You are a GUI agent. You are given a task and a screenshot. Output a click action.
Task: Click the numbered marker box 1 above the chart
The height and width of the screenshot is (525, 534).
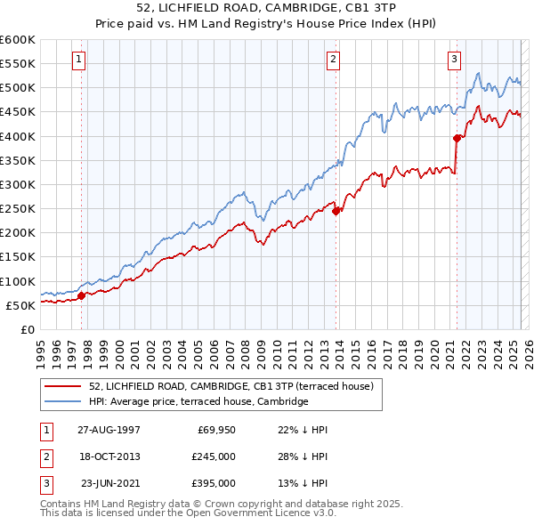(79, 60)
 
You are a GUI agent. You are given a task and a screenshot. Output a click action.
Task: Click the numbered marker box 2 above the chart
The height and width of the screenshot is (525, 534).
(333, 60)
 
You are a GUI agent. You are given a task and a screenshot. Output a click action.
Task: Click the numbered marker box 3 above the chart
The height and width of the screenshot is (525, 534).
(454, 60)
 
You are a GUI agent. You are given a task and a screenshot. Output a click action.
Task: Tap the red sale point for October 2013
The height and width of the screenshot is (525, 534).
(336, 211)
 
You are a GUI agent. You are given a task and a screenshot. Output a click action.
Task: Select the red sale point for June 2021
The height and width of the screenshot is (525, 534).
(457, 138)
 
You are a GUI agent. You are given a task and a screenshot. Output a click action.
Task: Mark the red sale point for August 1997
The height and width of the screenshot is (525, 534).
(82, 295)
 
